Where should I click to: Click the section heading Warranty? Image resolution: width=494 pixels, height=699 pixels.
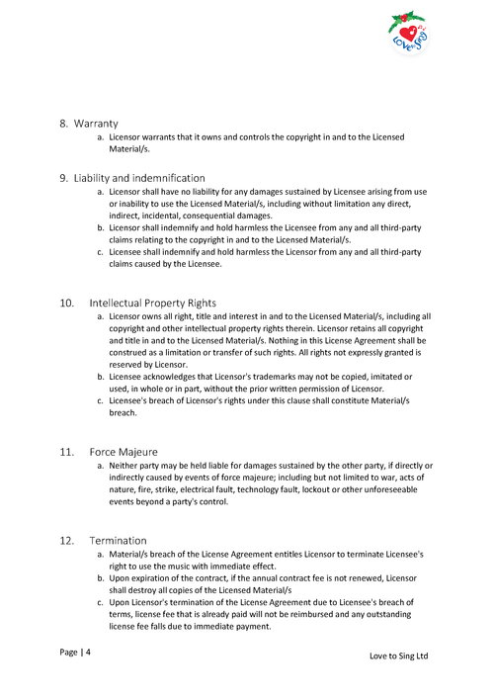tap(97, 124)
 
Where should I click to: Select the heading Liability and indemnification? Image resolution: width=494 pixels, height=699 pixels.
tap(139, 178)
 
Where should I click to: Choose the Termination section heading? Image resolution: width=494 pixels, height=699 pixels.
tap(118, 541)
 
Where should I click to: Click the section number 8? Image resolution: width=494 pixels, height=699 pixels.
tap(63, 124)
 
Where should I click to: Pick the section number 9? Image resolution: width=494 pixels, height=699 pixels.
tap(63, 178)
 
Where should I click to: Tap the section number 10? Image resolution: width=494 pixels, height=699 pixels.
tap(66, 303)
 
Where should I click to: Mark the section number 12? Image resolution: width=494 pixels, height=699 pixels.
tap(66, 541)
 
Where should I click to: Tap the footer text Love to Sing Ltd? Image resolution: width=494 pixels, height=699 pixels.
tap(399, 655)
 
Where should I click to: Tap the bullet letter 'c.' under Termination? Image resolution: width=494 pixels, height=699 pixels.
tap(100, 601)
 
